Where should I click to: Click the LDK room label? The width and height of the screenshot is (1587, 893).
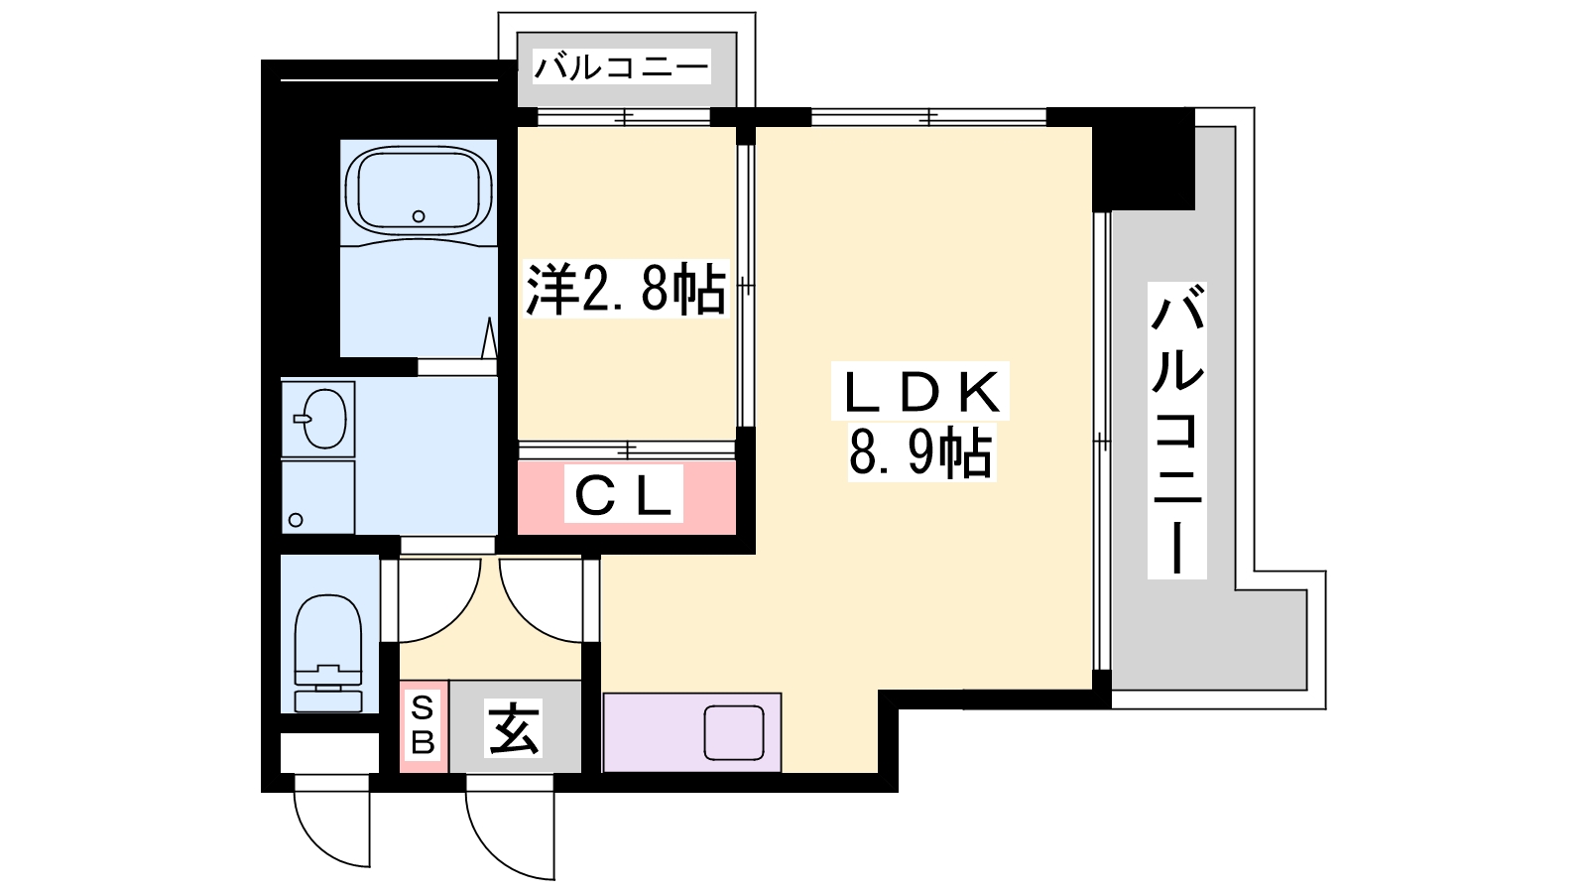[x=919, y=391]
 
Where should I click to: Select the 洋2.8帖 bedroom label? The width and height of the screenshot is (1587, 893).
[x=626, y=289]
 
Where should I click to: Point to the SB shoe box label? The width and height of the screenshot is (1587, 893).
[x=423, y=725]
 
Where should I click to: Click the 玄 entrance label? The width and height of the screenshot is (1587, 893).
[x=514, y=728]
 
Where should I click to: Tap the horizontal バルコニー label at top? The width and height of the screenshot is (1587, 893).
[x=621, y=67]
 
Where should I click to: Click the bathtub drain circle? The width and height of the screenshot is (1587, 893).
[x=419, y=216]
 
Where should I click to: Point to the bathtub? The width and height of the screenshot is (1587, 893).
[x=419, y=191]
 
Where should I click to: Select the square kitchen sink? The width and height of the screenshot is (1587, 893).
[x=734, y=733]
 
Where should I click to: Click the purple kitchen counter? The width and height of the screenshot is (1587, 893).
[x=692, y=733]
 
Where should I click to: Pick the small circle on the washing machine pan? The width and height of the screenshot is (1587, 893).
[x=297, y=520]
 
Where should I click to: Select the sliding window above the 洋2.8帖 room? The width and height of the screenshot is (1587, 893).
[x=624, y=117]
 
